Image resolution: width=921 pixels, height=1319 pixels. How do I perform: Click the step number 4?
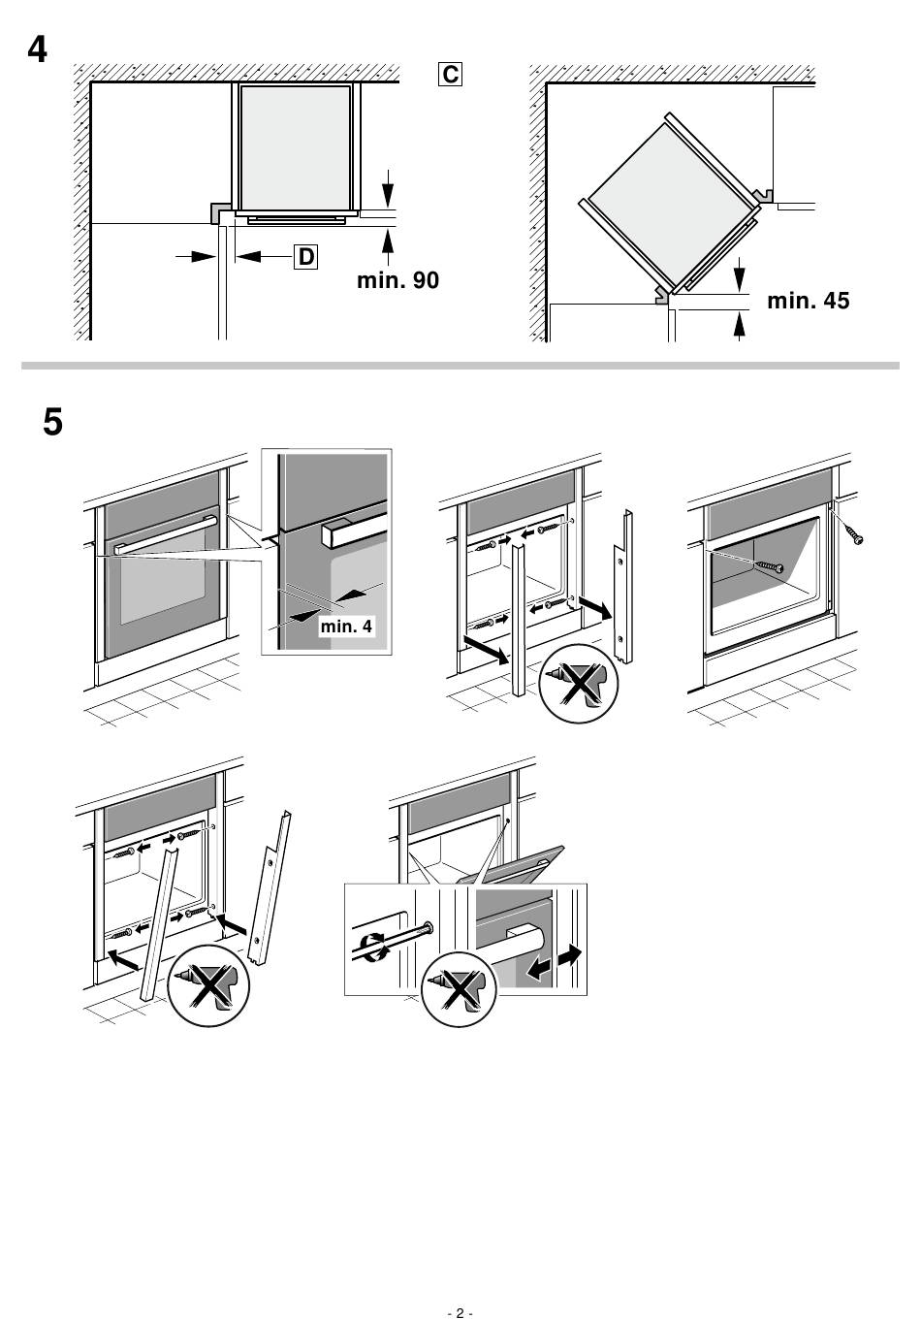click(x=37, y=50)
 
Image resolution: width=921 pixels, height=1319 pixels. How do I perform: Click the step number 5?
click(x=52, y=422)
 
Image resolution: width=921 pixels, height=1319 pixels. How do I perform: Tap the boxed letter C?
click(x=450, y=75)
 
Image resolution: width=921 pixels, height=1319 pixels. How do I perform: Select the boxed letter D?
click(x=305, y=257)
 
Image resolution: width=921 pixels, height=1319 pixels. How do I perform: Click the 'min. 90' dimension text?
click(x=397, y=281)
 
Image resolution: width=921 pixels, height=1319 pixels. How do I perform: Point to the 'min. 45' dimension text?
click(x=808, y=302)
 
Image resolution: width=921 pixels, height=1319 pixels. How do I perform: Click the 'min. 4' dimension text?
click(x=346, y=627)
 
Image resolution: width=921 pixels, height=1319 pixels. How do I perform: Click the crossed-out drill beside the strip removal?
click(x=578, y=683)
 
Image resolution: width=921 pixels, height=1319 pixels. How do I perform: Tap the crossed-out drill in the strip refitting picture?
click(x=208, y=985)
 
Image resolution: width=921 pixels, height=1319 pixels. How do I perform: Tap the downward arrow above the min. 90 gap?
click(x=388, y=184)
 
